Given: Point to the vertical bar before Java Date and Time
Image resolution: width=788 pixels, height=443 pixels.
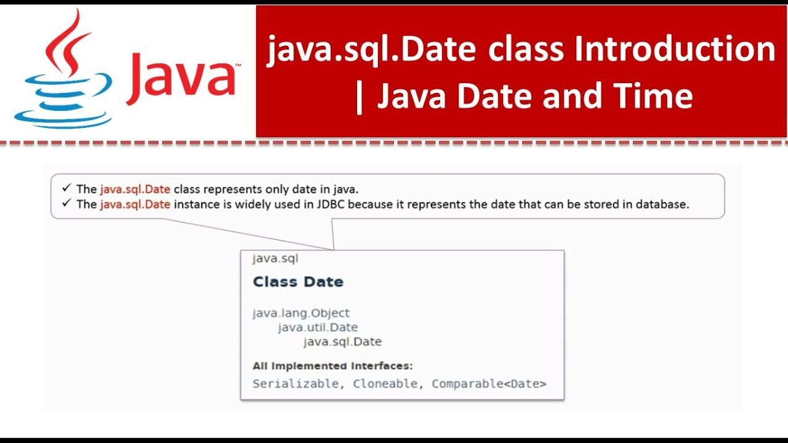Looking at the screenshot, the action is click(359, 98).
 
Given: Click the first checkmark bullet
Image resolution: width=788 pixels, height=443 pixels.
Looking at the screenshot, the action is click(66, 188).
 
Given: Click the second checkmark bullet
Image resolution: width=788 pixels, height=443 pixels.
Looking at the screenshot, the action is click(66, 203).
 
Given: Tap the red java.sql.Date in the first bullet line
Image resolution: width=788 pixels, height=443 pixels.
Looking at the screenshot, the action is click(135, 189).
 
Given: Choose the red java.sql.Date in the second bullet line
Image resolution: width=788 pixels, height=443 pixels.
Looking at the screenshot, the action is click(135, 204).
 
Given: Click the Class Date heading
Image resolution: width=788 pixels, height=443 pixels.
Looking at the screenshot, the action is click(298, 282).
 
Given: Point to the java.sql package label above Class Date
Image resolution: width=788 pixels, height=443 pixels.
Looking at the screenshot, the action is click(275, 259).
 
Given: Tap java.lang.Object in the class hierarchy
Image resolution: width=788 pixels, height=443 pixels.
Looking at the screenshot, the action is click(301, 313).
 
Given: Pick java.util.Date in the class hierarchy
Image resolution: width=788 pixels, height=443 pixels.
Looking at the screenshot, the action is click(318, 327).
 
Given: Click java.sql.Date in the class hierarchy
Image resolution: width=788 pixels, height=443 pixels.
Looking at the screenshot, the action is click(343, 341).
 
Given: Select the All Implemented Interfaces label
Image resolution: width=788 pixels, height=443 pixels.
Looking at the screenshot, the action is click(333, 366).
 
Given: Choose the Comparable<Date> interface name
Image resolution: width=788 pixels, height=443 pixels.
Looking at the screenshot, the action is click(489, 384).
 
